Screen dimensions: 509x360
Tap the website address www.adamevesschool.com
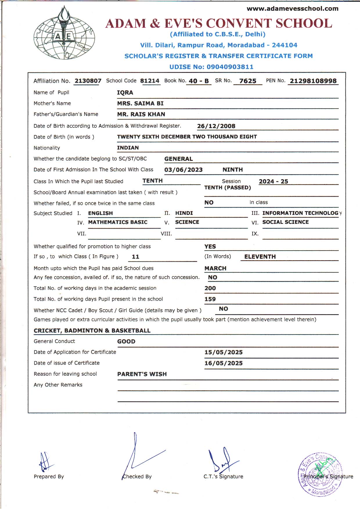(292, 9)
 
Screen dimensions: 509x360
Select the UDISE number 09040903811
(230, 67)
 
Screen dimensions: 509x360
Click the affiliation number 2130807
(88, 81)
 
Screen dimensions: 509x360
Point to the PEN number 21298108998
(313, 81)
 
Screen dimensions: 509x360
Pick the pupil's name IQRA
(125, 93)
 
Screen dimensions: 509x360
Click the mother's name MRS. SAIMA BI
(140, 103)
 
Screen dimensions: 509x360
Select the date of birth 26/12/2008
(216, 126)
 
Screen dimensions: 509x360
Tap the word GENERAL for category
(179, 159)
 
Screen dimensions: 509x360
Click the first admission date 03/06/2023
(183, 170)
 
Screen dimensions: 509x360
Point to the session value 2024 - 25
(273, 181)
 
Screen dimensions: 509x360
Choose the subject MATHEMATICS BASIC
(118, 222)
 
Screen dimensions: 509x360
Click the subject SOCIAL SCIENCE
(285, 222)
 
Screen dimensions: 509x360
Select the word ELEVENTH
(260, 257)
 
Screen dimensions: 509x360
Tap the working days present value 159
(210, 299)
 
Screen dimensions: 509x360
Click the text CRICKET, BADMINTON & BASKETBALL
(92, 331)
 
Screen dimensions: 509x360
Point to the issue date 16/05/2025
(223, 363)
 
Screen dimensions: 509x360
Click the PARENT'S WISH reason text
(142, 374)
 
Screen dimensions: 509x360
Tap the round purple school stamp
(320, 474)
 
